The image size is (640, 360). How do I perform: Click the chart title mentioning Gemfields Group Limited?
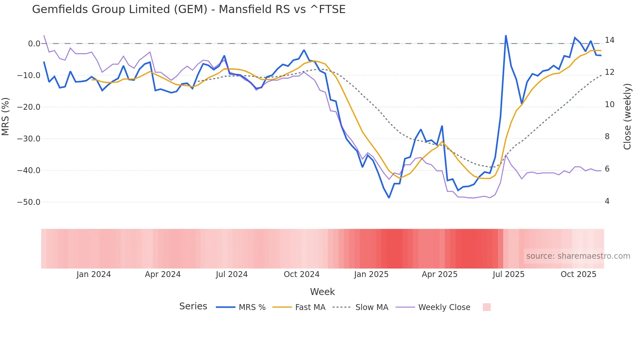tap(189, 9)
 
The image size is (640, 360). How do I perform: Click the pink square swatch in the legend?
tap(487, 307)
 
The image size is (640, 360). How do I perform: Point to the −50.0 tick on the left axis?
tap(29, 202)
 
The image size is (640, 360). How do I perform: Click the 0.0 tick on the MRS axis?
tap(34, 44)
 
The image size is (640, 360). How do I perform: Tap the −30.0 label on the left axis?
tap(29, 139)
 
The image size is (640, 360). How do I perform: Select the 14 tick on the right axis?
tap(609, 40)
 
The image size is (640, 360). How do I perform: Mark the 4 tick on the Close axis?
tap(607, 201)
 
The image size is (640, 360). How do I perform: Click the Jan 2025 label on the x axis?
tap(371, 274)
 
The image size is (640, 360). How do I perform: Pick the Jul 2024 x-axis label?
tap(232, 274)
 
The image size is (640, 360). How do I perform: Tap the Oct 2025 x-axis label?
tap(578, 274)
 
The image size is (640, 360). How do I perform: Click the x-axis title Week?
tap(322, 292)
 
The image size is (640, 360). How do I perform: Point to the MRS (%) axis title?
tap(5, 116)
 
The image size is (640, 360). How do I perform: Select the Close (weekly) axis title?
tap(627, 116)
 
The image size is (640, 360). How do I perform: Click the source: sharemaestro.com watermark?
tap(578, 256)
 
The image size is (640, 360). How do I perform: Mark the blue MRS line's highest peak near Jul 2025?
tap(506, 36)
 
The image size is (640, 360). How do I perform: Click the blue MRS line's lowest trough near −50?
tap(389, 198)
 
